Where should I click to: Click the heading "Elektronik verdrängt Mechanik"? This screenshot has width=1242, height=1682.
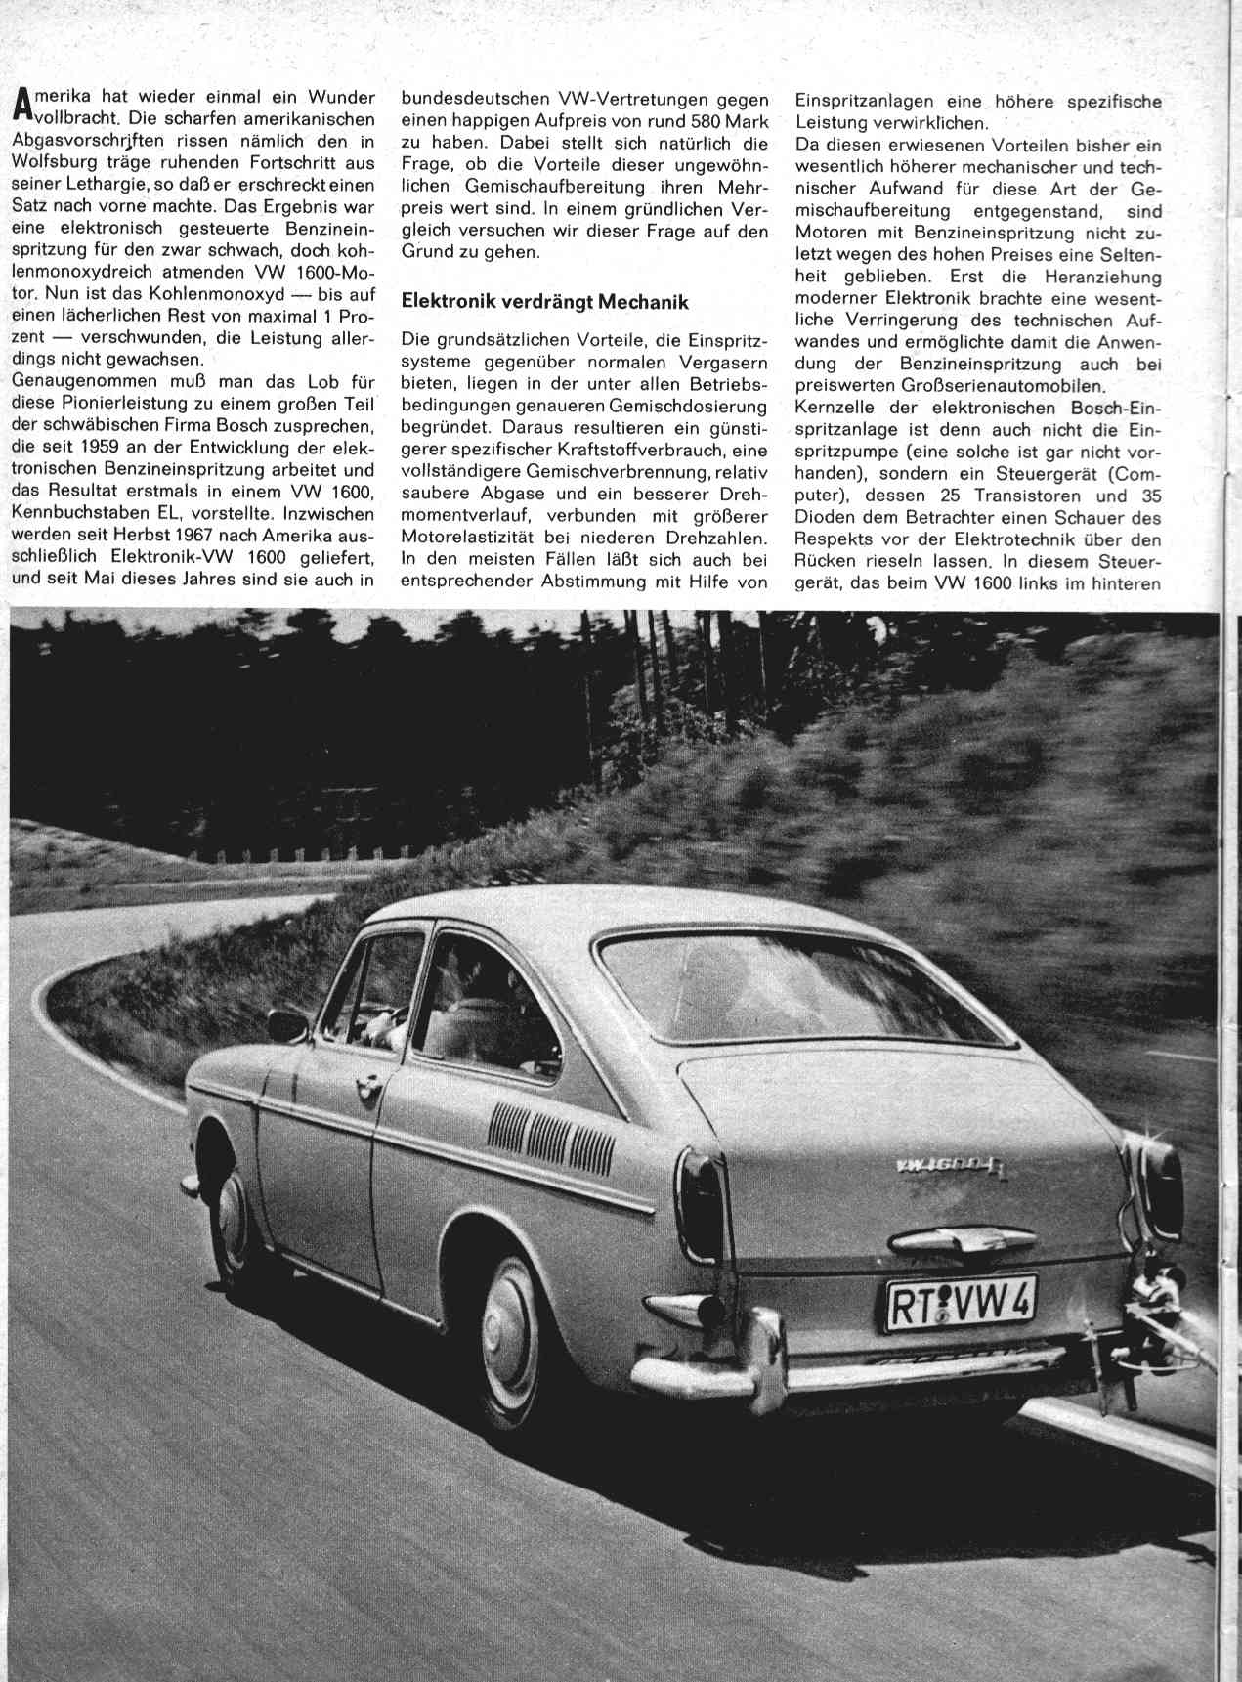pyautogui.click(x=544, y=303)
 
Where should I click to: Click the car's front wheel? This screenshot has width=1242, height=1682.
pyautogui.click(x=231, y=1224)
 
